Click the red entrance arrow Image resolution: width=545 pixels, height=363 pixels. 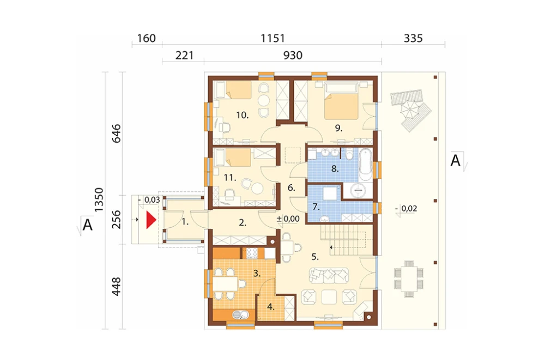click(150, 220)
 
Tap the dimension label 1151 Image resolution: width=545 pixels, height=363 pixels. click(273, 38)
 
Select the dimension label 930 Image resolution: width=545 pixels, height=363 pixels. click(293, 55)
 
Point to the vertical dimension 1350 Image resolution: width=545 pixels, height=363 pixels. click(99, 200)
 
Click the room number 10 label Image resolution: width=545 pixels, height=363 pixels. click(243, 115)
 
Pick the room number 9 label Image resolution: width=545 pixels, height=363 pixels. click(338, 128)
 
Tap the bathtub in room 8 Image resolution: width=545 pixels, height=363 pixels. click(365, 164)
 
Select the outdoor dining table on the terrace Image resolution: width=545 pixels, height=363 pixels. click(409, 278)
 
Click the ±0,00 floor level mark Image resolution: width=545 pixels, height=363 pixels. click(288, 219)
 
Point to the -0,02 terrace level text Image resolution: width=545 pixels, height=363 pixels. click(407, 209)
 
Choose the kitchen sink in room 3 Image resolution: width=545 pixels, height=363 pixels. click(240, 314)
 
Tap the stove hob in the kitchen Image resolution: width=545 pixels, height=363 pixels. click(252, 253)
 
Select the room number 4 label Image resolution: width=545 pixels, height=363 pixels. click(271, 307)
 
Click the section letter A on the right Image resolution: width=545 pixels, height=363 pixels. click(455, 161)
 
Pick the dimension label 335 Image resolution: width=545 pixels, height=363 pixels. click(413, 38)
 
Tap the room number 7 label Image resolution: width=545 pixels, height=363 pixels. click(316, 207)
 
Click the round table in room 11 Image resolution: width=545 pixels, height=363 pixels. click(258, 189)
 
